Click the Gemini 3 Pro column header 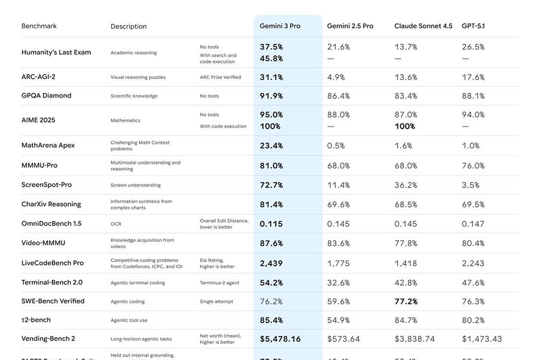(x=280, y=26)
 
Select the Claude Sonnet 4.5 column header (x=423, y=26)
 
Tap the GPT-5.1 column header (x=473, y=26)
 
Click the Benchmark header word (x=39, y=26)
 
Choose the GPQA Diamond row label (x=46, y=96)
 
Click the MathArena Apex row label (x=48, y=145)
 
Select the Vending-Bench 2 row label (x=48, y=338)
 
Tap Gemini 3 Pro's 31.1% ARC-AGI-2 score (x=271, y=77)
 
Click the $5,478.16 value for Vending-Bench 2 (x=280, y=339)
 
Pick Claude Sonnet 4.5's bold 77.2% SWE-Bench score (x=406, y=301)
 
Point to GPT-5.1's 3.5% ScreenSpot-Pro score (x=470, y=185)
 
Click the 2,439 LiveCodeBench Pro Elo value (x=271, y=263)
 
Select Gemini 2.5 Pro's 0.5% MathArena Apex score (x=336, y=145)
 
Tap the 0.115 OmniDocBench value (x=271, y=223)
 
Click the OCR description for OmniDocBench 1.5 (x=116, y=223)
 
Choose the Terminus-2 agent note (x=219, y=283)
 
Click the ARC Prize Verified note (x=220, y=77)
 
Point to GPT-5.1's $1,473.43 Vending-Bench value (x=482, y=339)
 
